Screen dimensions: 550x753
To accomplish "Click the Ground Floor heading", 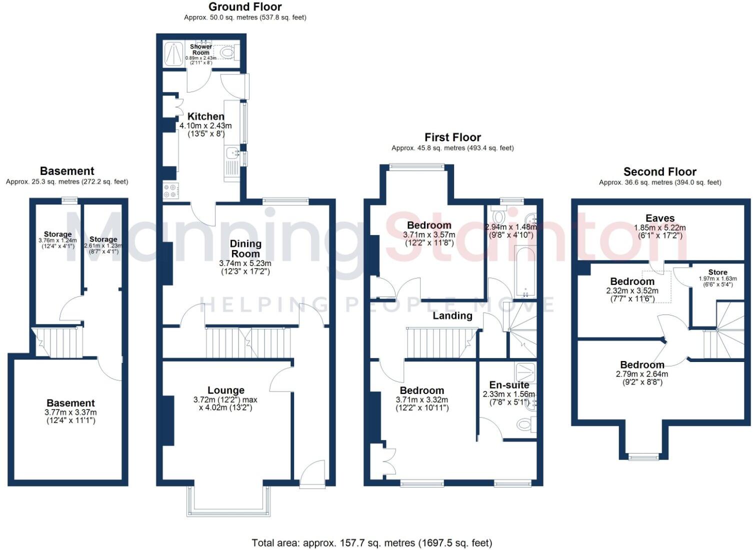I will click(x=245, y=7).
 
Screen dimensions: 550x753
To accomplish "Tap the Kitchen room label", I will click(x=205, y=116).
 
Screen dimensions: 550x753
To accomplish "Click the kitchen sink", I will click(x=231, y=152).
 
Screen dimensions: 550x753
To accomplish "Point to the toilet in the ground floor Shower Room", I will click(x=228, y=52).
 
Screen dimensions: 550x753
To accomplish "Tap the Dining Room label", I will click(x=245, y=248).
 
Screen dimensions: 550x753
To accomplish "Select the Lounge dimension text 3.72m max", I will click(x=225, y=399).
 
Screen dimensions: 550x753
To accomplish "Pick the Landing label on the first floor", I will click(x=452, y=315).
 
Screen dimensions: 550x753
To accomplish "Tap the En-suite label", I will click(x=509, y=385).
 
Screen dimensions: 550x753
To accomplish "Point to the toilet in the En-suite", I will click(x=525, y=424).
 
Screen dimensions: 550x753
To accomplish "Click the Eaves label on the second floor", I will click(x=659, y=218).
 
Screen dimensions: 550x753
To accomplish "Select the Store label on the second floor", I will click(x=717, y=272).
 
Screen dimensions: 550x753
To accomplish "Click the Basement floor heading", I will click(x=67, y=171).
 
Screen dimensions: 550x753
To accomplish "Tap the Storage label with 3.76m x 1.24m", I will click(x=57, y=234).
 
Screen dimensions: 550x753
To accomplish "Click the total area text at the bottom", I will click(x=371, y=542).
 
